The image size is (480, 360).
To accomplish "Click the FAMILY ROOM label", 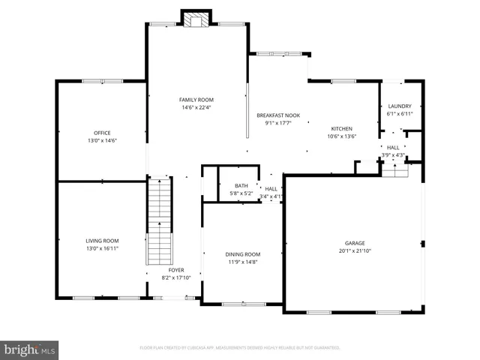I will [196, 100].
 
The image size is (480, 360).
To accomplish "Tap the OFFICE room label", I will [102, 133].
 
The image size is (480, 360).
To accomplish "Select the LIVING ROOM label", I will [102, 241].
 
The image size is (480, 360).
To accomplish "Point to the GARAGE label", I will [354, 243].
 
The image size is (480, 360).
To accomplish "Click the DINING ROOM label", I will [242, 254].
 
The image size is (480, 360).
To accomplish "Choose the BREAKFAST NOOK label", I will [277, 115].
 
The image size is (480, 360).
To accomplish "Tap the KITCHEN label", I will [341, 129].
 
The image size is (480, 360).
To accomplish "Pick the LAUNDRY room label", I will [399, 106].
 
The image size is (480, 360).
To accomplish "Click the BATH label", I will [241, 186].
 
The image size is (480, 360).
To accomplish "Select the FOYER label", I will [176, 270].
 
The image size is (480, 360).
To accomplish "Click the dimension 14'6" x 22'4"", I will [196, 107].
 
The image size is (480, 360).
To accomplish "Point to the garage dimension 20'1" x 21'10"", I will [354, 250].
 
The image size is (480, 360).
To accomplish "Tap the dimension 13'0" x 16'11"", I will [102, 248].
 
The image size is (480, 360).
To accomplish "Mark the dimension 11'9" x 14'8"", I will [242, 262].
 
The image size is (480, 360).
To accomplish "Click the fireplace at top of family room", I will [196, 19].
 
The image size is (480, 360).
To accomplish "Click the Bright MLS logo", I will [30, 349].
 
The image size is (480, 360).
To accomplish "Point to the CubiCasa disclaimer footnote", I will [240, 348].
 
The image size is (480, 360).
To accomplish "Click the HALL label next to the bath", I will [271, 189].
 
